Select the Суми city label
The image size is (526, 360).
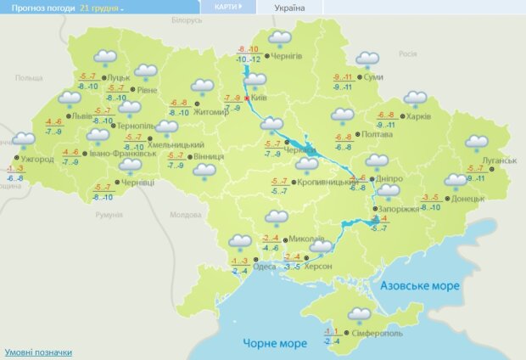coord(372,77)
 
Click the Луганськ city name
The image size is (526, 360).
coord(499,160)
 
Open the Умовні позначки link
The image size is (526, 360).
coord(38,352)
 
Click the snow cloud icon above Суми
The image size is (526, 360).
coord(367,59)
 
